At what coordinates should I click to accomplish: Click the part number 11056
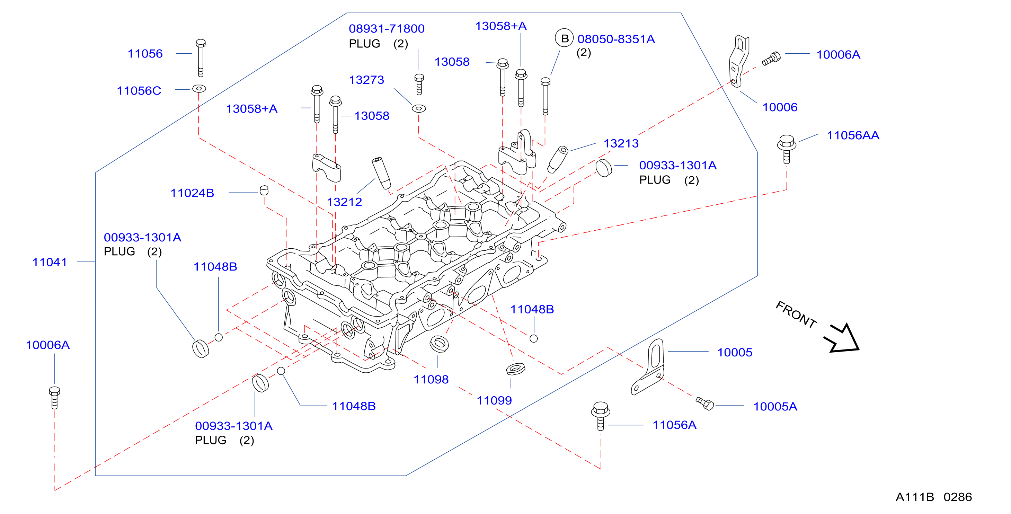[x=145, y=54]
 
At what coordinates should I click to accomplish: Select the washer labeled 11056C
[x=199, y=89]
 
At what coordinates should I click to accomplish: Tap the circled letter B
[x=564, y=38]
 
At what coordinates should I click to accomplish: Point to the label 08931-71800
[x=387, y=29]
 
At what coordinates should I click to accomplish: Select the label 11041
[x=50, y=262]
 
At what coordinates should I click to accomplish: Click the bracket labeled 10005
[x=648, y=367]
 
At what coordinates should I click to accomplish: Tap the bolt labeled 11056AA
[x=787, y=149]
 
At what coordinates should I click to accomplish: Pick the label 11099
[x=494, y=401]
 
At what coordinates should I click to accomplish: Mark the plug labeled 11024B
[x=264, y=190]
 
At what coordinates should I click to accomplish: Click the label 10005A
[x=775, y=407]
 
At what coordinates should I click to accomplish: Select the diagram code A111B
[x=914, y=497]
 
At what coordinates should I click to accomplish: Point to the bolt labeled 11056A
[x=601, y=416]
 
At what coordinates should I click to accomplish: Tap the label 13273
[x=366, y=80]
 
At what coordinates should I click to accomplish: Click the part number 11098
[x=431, y=379]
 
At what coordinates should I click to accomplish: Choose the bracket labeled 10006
[x=739, y=61]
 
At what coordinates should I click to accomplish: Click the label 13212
[x=345, y=202]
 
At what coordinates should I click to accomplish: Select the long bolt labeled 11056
[x=201, y=58]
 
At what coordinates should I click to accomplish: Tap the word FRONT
[x=796, y=314]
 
